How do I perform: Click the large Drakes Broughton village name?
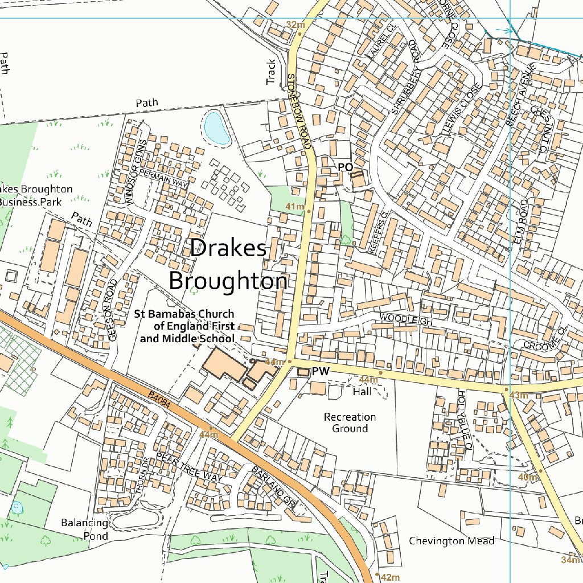point(228,265)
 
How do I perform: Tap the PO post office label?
point(345,167)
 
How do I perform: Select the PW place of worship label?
point(321,372)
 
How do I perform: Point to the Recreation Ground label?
point(350,423)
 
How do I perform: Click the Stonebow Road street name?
point(299,111)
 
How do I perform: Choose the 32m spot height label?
point(295,24)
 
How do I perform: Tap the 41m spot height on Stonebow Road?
point(295,206)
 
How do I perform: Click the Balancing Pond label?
point(85,529)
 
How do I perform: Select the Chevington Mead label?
point(451,541)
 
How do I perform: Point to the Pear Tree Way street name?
point(188,468)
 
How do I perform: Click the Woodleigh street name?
point(407,319)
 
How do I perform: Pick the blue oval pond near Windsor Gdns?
point(217,128)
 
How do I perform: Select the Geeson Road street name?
point(112,310)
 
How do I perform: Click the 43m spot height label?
point(518,395)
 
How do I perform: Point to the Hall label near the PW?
point(362,392)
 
